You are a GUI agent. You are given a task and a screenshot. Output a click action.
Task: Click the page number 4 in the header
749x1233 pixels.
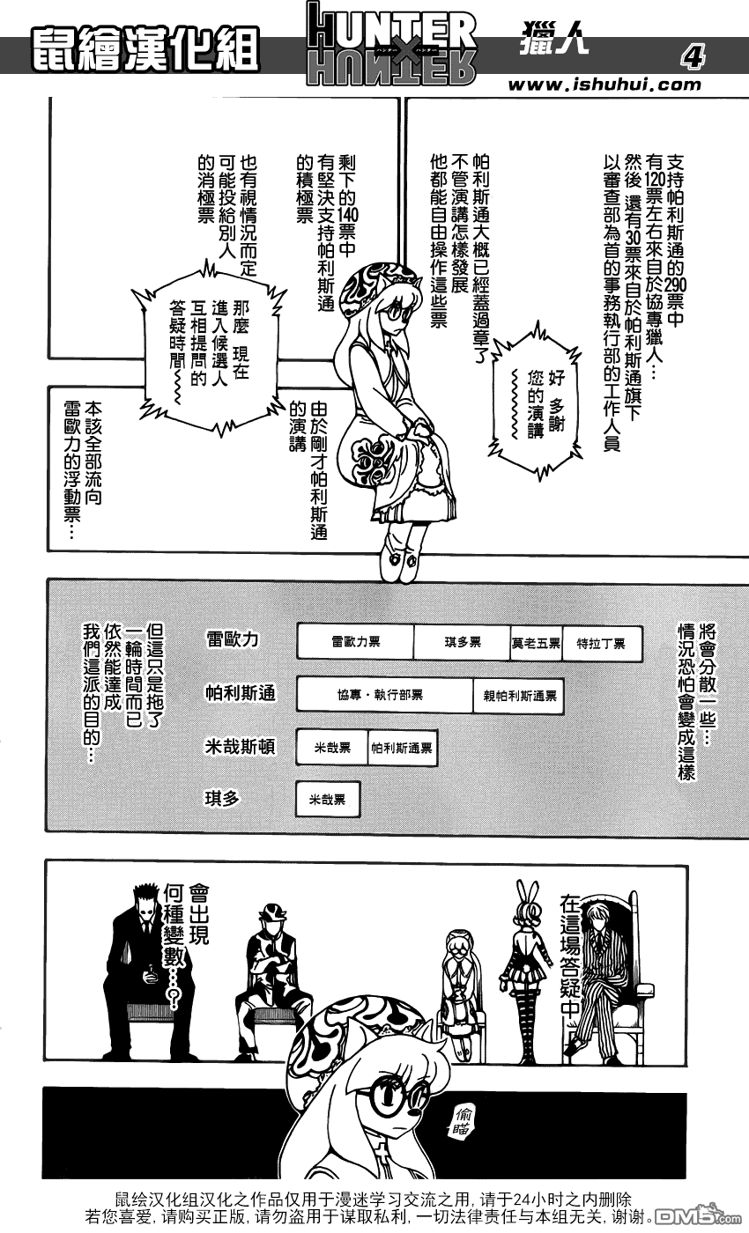(693, 56)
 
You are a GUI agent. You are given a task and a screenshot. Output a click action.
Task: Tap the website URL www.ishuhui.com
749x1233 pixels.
(604, 85)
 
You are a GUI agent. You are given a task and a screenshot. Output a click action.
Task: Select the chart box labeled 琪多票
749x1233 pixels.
(462, 642)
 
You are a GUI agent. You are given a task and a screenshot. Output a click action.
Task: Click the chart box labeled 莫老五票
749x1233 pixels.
(536, 642)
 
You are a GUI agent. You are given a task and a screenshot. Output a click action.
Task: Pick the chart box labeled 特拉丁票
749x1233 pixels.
(601, 643)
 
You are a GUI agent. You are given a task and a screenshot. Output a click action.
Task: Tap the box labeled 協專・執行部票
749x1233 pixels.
(384, 695)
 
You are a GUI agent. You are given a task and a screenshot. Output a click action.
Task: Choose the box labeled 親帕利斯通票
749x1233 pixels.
(519, 696)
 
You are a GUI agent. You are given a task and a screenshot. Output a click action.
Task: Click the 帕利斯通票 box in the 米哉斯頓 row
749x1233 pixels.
(402, 748)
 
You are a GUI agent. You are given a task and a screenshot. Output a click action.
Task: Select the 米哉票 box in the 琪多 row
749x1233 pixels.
(328, 800)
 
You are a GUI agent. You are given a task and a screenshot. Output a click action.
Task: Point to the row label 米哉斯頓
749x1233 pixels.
(240, 747)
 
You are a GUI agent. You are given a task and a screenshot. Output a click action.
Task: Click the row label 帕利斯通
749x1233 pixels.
(240, 693)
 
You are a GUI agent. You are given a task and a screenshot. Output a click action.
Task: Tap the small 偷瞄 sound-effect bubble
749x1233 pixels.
(462, 1122)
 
